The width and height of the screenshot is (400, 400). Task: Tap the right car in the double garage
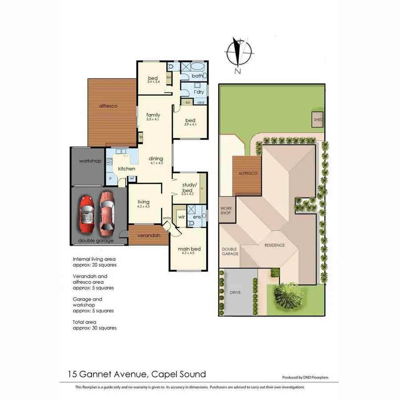click(107, 212)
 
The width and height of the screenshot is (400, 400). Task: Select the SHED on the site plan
click(318, 120)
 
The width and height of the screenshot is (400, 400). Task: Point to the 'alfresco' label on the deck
click(108, 106)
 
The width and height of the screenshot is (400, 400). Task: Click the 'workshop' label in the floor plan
click(90, 160)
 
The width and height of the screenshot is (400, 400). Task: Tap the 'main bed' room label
click(190, 249)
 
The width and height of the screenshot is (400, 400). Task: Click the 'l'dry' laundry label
click(198, 92)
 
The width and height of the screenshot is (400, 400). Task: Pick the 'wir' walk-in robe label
click(181, 217)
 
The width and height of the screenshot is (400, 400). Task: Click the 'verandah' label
click(148, 235)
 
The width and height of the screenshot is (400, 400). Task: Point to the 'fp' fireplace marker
click(140, 137)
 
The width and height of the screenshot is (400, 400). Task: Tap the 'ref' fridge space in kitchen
click(132, 178)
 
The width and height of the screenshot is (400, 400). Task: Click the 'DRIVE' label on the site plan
click(235, 293)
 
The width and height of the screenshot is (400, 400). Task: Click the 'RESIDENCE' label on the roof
click(275, 245)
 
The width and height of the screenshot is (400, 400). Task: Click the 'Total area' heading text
click(84, 321)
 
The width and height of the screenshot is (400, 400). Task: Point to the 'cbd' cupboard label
click(200, 103)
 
